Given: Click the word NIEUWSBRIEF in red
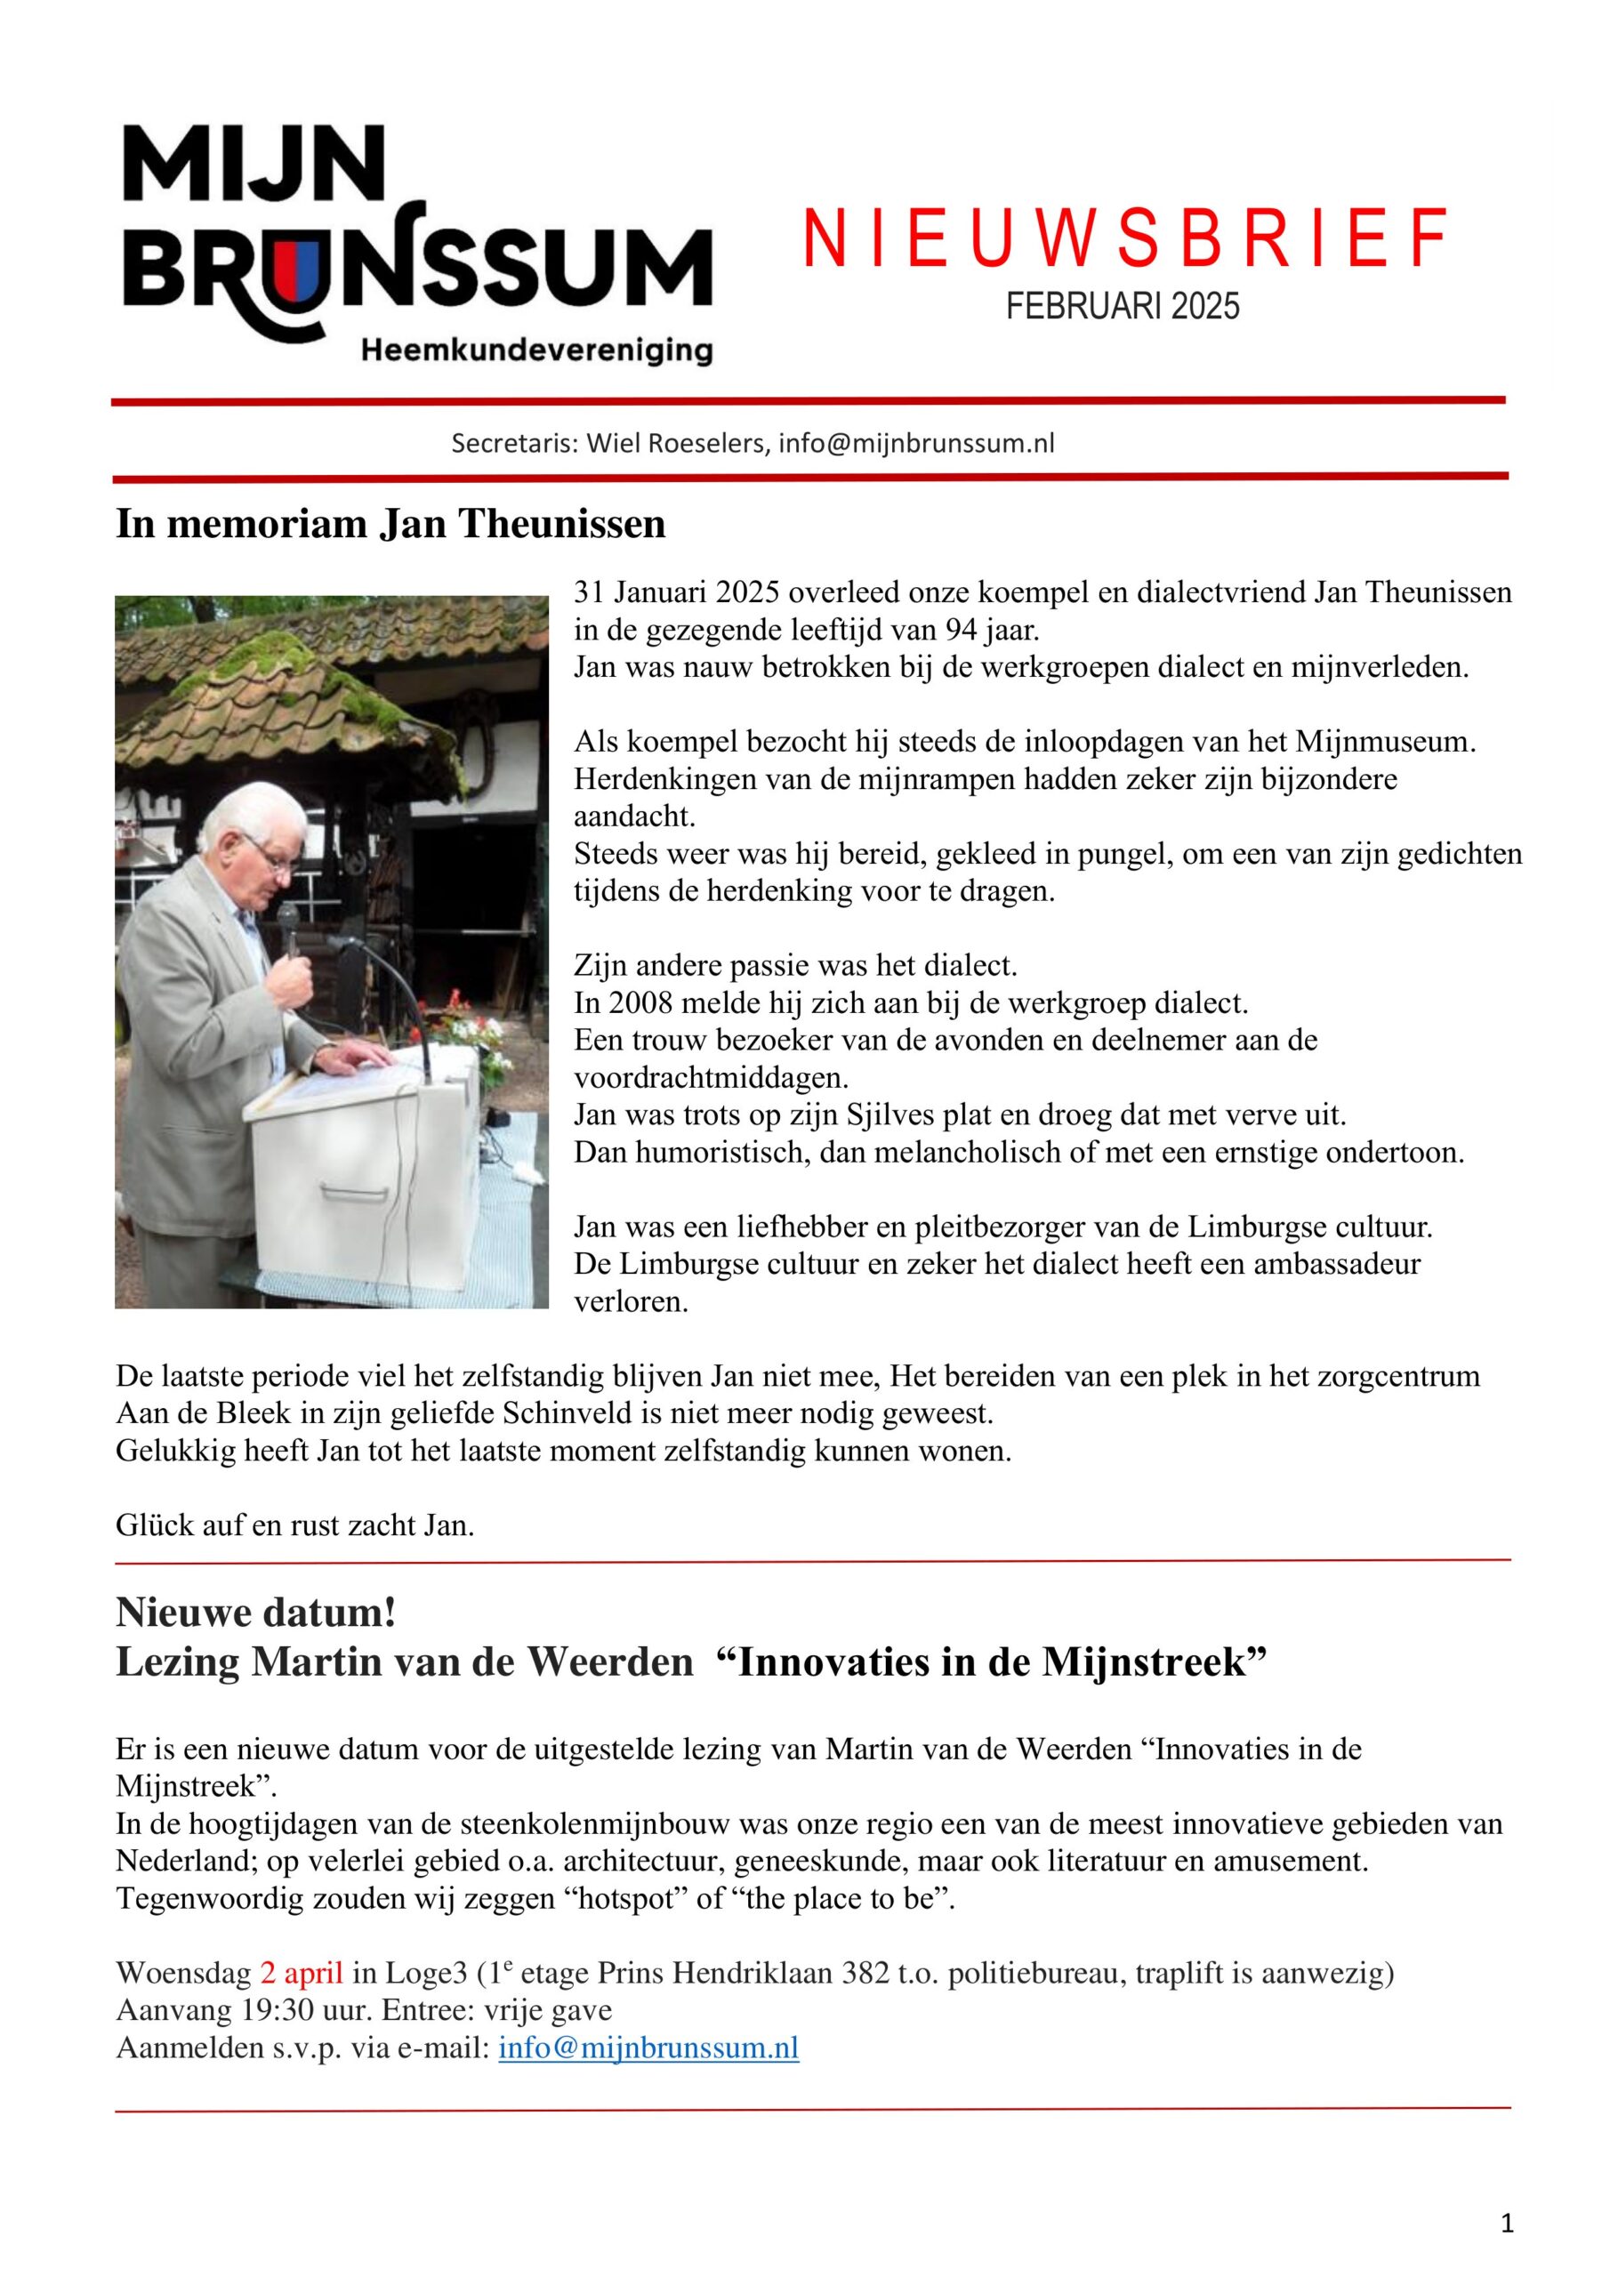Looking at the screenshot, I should [1124, 240].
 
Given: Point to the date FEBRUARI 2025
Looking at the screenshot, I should [1122, 305].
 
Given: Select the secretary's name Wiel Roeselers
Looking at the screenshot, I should [677, 443].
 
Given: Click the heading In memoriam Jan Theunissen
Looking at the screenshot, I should [390, 524].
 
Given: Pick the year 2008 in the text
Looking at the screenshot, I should [632, 1002].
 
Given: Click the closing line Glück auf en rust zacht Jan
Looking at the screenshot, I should [294, 1525].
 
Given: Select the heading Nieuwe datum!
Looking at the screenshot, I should [256, 1613].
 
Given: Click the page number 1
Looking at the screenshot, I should [1507, 2225].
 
